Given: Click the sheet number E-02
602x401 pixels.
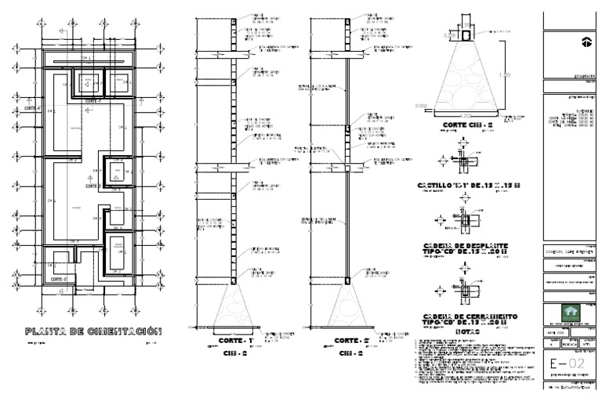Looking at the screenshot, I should (x=568, y=364).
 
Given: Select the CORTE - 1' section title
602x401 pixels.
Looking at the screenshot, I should (x=235, y=341).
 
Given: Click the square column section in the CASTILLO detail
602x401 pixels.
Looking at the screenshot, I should (x=465, y=161).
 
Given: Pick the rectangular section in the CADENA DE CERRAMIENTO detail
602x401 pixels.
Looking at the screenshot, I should (x=465, y=291).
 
